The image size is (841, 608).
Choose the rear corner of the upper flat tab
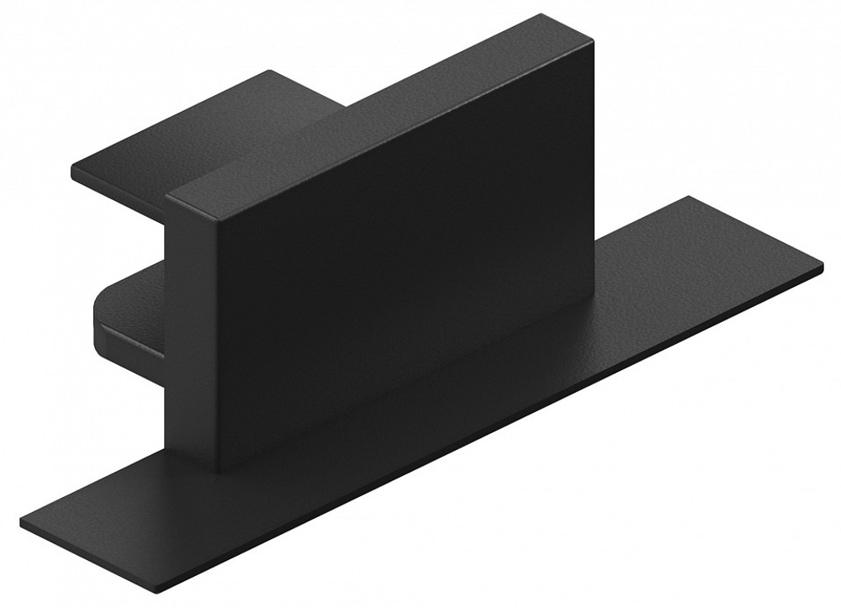point(269,71)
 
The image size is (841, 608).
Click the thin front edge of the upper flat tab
point(118,189)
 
